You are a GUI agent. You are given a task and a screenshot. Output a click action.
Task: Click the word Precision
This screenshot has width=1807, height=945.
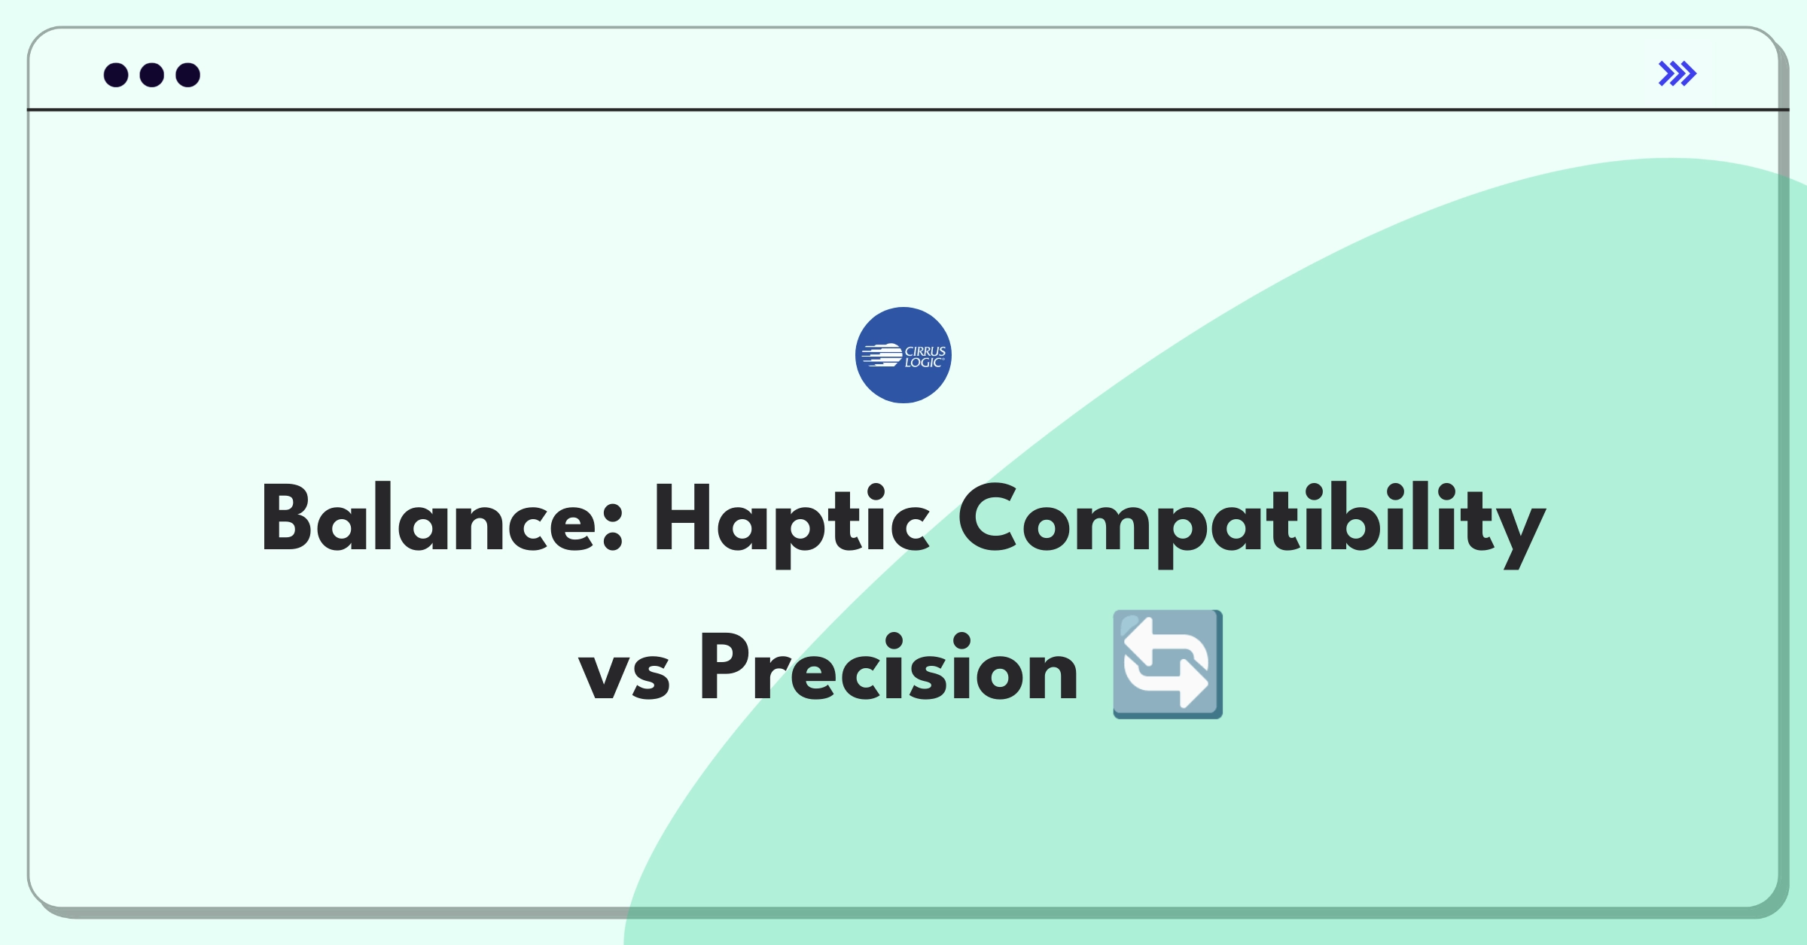point(889,666)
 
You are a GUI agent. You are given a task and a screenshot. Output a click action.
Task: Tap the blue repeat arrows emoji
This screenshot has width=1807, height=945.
point(1168,664)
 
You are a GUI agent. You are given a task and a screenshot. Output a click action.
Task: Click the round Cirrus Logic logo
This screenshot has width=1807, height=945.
point(903,355)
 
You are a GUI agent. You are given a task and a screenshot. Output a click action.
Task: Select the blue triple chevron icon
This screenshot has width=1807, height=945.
point(1677,74)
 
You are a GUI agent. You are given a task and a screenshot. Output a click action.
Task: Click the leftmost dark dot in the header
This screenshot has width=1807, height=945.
point(116,75)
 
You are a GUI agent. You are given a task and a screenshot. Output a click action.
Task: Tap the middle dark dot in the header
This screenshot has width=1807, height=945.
point(152,75)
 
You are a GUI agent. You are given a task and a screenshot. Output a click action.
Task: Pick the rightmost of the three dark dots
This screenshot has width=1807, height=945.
point(188,75)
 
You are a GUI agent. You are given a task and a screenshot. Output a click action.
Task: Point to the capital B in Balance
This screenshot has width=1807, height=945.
point(287,518)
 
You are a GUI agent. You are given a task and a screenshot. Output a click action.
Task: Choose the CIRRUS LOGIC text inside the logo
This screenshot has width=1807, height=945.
point(925,357)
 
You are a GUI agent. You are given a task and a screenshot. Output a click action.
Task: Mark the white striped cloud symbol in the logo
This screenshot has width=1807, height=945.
point(882,355)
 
